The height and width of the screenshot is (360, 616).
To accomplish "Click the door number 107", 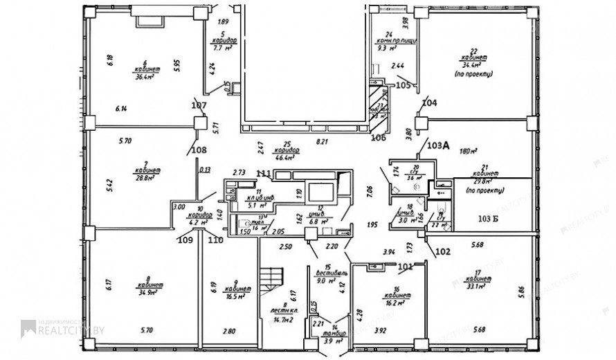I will click(199, 105).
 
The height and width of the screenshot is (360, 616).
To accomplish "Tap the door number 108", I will click(199, 149).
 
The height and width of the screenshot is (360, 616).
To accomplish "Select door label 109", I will click(185, 240).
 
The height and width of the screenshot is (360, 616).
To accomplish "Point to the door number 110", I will click(215, 240).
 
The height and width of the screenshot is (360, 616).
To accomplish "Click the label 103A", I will click(438, 145).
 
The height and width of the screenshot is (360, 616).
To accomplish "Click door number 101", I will click(405, 265).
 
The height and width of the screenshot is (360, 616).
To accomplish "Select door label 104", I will click(429, 102).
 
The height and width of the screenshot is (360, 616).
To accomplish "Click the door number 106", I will click(378, 137).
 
